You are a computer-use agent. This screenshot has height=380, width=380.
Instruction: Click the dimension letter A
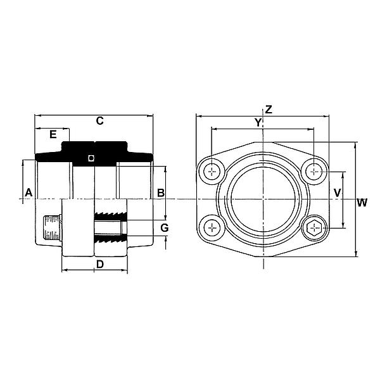(x=28, y=191)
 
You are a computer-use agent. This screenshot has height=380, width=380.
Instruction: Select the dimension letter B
(x=161, y=192)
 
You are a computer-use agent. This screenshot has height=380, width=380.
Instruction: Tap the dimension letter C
(x=99, y=121)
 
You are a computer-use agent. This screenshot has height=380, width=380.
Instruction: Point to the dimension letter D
(x=99, y=263)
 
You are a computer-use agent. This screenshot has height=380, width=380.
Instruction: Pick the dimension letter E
(x=53, y=134)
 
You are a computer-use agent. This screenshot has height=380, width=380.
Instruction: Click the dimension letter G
(x=163, y=227)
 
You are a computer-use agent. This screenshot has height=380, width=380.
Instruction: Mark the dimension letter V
(x=338, y=192)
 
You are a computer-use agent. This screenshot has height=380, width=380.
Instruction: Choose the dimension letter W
(x=362, y=203)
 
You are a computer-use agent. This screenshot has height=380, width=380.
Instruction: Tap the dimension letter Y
(x=258, y=122)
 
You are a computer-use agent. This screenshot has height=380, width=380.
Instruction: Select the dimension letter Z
(x=269, y=109)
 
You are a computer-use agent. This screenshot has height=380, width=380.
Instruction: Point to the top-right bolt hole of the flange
(x=313, y=171)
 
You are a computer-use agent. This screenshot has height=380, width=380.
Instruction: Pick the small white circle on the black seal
(x=91, y=158)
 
